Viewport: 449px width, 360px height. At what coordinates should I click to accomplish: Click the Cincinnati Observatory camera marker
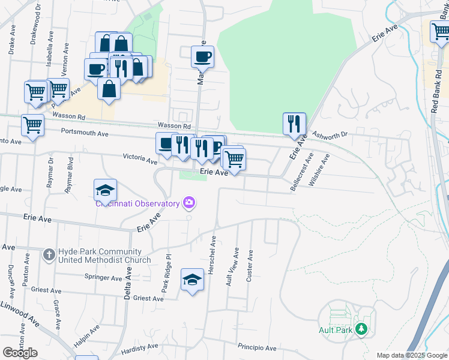189,203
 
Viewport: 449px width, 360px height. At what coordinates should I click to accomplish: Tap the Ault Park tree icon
361,329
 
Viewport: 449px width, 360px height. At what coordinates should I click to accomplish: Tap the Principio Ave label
257,348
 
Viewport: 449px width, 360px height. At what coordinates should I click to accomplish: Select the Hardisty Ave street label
139,346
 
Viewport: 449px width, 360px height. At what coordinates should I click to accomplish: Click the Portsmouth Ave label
83,133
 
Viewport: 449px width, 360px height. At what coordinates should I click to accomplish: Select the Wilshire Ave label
319,169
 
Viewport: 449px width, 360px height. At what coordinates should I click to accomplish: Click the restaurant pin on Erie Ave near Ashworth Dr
294,124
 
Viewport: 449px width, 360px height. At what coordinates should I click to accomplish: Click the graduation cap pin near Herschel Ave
192,280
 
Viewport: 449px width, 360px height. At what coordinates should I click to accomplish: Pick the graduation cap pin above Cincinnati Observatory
105,190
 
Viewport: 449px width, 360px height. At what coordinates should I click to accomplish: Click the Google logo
20,353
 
